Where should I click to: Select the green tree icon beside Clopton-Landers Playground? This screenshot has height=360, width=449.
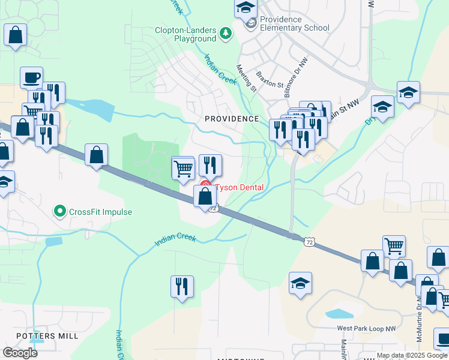[x=226, y=33]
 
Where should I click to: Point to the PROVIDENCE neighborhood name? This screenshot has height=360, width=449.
[x=232, y=119]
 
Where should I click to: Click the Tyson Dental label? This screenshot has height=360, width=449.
[x=240, y=187]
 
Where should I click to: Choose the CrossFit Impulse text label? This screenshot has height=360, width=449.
[x=100, y=212]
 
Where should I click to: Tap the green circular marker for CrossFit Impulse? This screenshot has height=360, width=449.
[x=59, y=211]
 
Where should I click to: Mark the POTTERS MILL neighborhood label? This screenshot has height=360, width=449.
[x=47, y=336]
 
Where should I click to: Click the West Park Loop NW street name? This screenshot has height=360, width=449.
[x=366, y=328]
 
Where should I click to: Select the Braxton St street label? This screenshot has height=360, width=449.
[x=269, y=80]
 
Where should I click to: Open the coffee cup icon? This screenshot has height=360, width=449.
[x=31, y=77]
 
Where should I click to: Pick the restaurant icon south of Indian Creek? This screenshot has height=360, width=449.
[x=182, y=286]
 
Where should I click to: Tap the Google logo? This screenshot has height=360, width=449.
[x=20, y=353]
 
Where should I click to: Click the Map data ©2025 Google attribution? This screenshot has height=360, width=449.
[x=411, y=355]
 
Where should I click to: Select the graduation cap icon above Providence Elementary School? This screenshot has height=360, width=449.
[x=245, y=7]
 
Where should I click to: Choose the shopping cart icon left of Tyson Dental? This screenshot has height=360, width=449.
[x=183, y=167]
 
